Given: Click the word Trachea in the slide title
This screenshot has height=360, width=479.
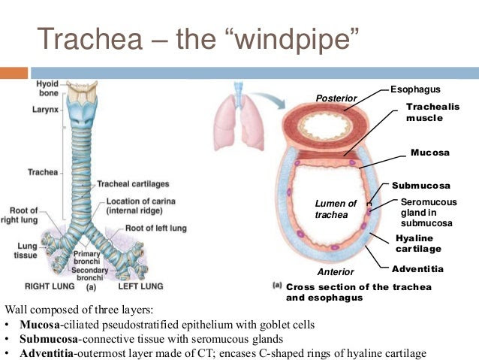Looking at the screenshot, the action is [90, 38].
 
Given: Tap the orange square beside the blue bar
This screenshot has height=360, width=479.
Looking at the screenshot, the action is [14, 73].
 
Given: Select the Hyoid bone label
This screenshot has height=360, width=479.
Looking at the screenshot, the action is [48, 89].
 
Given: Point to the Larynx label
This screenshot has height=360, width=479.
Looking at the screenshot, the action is [45, 110].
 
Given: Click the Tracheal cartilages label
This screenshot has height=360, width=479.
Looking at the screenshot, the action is [133, 184].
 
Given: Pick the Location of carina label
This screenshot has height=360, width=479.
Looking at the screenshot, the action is [141, 206].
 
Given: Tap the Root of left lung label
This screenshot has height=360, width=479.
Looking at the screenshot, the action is [156, 228].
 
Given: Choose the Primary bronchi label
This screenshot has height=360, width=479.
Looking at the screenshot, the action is [87, 258].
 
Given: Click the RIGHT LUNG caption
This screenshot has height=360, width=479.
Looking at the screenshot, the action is [50, 286].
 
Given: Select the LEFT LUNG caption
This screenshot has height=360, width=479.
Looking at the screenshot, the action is [141, 286].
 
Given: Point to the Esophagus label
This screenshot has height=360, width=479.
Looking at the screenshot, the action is [415, 89].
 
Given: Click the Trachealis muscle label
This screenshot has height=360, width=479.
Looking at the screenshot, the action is [433, 112].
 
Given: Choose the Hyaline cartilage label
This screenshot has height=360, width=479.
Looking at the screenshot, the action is [418, 244].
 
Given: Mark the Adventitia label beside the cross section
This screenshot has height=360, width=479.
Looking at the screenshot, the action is [417, 269].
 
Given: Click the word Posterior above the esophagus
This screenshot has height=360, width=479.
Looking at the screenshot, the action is [336, 98].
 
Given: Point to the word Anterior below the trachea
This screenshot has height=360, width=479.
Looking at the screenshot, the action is [336, 271].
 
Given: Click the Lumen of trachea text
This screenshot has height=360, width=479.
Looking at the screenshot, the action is [336, 209].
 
